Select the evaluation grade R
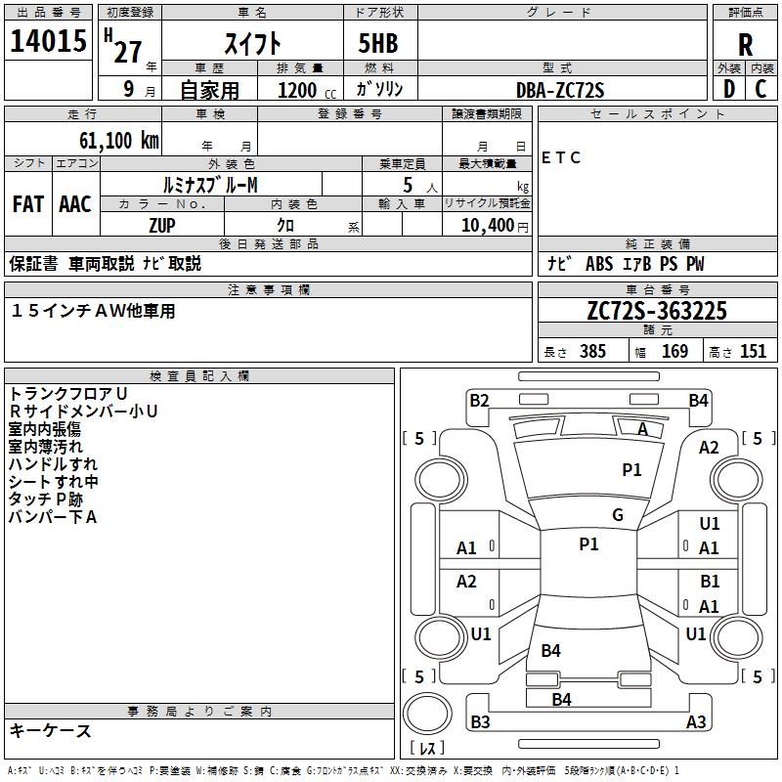coord(745,45)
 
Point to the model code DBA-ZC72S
coord(560,90)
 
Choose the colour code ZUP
coord(161,225)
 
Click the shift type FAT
coord(27,204)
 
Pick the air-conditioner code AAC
coord(74,204)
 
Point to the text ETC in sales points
coord(561,157)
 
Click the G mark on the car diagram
coord(617,515)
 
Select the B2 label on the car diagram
coord(479,400)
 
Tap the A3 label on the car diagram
coord(696,722)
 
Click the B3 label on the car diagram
coord(480,722)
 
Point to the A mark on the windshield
coord(643,429)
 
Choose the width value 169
coord(674,352)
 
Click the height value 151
coord(753,352)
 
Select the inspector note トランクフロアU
coord(67,394)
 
